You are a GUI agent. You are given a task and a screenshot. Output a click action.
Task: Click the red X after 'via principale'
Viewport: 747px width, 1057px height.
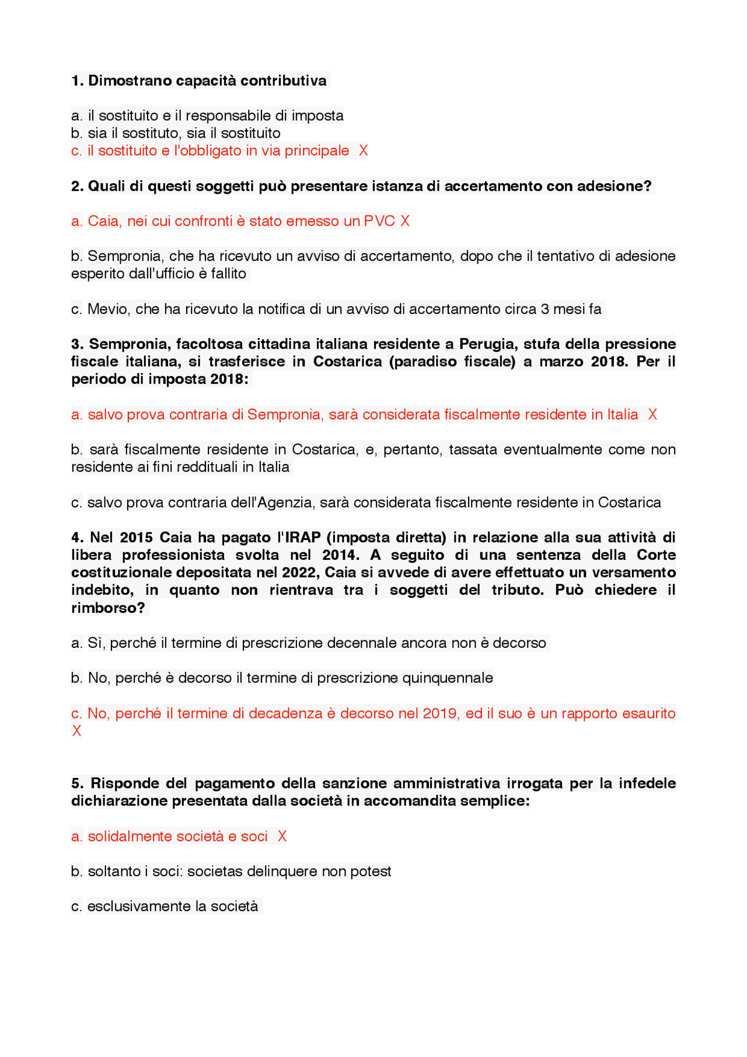point(363,151)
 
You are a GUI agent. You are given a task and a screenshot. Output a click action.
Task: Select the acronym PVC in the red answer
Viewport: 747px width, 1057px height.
point(379,221)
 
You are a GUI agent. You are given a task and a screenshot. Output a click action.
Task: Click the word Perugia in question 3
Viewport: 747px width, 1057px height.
point(487,344)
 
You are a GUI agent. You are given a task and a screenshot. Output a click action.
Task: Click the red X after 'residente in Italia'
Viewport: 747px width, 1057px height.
point(652,414)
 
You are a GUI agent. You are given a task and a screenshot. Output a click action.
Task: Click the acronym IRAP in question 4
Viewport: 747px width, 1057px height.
point(303,538)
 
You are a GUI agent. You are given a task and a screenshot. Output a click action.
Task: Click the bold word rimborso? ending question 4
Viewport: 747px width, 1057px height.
point(108,608)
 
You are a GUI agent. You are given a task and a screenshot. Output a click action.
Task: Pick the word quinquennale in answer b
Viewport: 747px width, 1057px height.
point(448,678)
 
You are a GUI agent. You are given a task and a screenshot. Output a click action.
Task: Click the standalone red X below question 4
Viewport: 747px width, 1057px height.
point(76,731)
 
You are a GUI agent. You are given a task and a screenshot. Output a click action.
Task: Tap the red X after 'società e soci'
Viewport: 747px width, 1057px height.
point(282,836)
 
